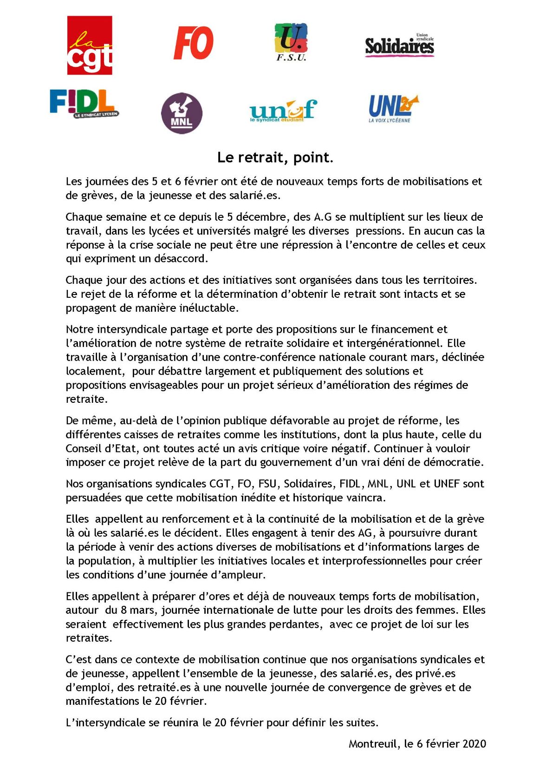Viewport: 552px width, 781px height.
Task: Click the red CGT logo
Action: [90, 46]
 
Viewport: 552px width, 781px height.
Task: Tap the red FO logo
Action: [194, 43]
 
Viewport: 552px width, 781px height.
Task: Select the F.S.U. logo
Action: [291, 42]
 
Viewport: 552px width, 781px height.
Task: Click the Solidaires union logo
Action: [399, 46]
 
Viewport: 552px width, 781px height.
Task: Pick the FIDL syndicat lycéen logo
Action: [84, 103]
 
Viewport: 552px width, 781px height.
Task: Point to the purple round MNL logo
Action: [182, 113]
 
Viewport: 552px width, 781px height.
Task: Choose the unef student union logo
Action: [283, 111]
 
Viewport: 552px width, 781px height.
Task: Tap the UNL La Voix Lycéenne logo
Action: [392, 108]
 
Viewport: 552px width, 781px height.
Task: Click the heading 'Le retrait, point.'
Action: [275, 158]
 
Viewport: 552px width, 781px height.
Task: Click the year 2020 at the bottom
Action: [474, 744]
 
